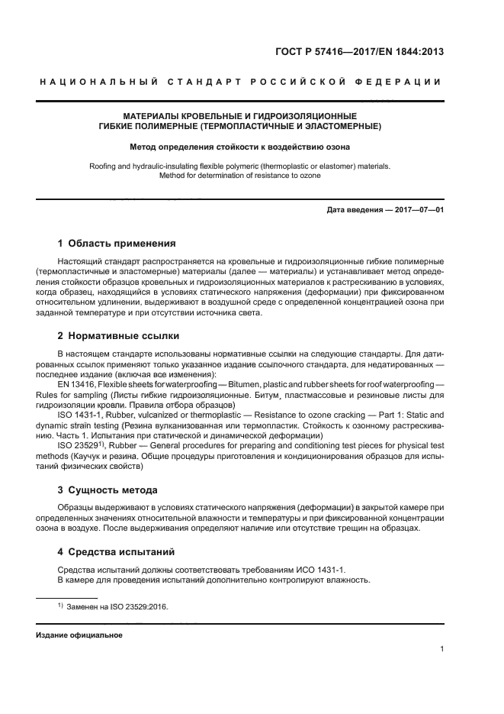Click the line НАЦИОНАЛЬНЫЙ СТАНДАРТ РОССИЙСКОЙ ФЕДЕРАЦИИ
click(252, 82)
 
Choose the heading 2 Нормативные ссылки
click(120, 336)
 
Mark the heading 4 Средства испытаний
click(117, 551)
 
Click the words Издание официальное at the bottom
click(79, 635)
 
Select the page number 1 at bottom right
click(442, 649)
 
